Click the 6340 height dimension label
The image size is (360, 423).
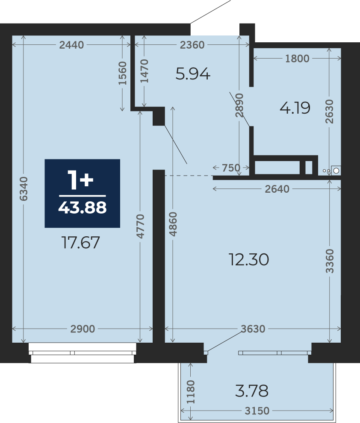pos(24,189)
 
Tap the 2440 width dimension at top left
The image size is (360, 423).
pos(71,45)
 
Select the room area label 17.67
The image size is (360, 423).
pos(81,242)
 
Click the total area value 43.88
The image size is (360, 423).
pos(83,208)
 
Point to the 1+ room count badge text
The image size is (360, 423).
pos(80,179)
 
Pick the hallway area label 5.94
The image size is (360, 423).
pos(193,73)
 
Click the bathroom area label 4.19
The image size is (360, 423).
pos(295,108)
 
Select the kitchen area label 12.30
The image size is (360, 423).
pos(249,259)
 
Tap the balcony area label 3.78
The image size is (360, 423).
pos(252,391)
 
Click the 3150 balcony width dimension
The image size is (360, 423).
pos(257,411)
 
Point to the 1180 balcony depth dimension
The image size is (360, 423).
pos(191,392)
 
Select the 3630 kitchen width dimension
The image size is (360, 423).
pos(253,329)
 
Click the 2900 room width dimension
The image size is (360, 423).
pos(83,329)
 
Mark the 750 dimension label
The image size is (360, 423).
pos(231,168)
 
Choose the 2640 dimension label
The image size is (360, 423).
pos(277,189)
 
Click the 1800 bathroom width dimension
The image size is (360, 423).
pos(298,58)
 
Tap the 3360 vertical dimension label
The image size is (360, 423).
pos(330,261)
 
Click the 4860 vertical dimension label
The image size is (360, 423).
pos(173,224)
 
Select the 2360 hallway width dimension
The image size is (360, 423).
pos(192,45)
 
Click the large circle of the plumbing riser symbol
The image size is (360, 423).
pos(336,170)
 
